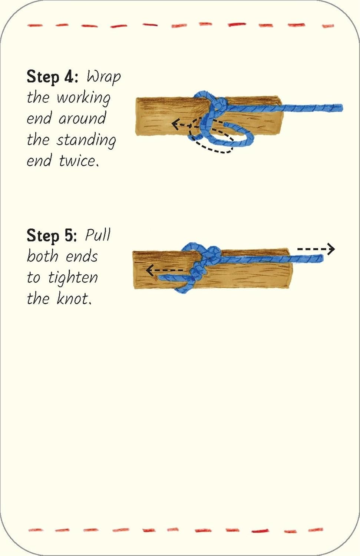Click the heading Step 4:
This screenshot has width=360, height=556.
[x=52, y=77]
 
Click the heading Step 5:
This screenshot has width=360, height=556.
[x=52, y=236]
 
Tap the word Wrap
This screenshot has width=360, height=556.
[x=103, y=77]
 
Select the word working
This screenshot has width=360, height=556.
[x=83, y=98]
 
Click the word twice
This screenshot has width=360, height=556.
[x=79, y=161]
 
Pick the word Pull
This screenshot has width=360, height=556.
[x=98, y=235]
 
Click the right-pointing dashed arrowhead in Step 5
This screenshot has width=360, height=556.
[x=331, y=249]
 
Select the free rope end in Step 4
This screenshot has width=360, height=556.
[x=339, y=108]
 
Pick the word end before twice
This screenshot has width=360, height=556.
[x=39, y=161]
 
